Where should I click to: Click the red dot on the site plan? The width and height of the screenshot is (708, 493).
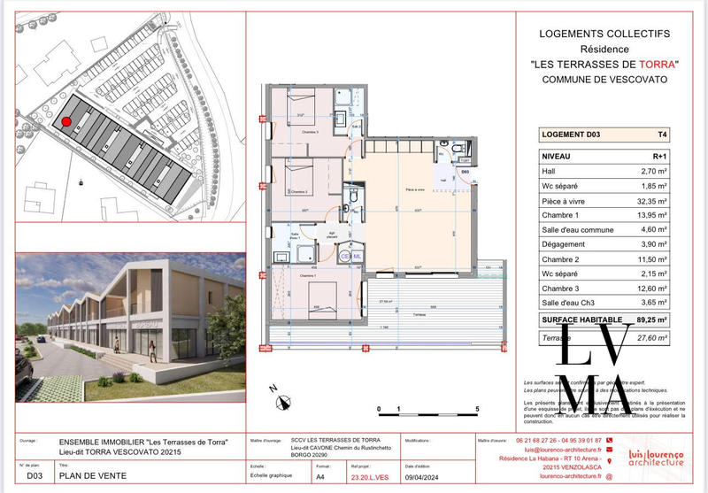66,122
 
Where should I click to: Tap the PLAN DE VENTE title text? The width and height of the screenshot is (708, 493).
92,476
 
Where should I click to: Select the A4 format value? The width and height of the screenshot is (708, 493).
320,476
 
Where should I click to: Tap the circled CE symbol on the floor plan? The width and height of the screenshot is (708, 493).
345,256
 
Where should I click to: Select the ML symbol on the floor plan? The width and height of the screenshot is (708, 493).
357,256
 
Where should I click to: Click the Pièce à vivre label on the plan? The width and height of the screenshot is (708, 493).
416,191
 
